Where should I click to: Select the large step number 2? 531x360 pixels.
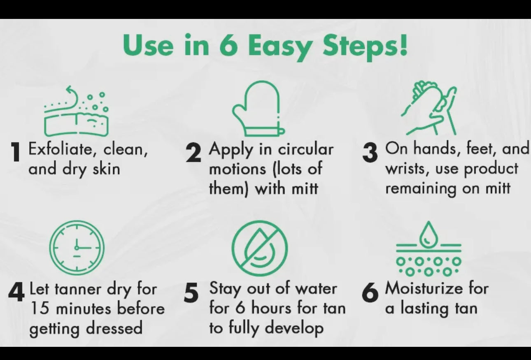(193, 153)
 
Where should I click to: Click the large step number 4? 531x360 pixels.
(16, 292)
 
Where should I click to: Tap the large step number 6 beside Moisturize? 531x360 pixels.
(370, 293)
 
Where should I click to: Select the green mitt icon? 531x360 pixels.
(258, 108)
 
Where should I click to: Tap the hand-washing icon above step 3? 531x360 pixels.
(429, 108)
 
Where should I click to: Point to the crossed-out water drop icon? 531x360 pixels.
(259, 248)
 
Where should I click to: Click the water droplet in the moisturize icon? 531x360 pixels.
(429, 235)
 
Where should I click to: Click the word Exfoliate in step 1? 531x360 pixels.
(62, 149)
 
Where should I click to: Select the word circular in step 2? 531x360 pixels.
(305, 150)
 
